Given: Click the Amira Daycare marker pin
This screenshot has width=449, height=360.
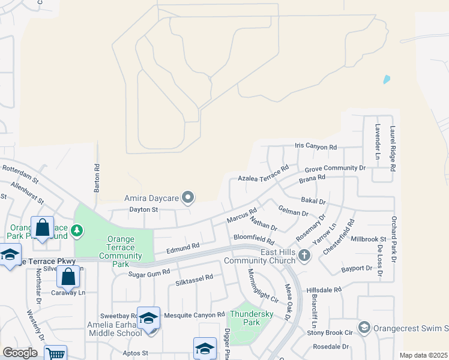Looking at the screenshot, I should (x=188, y=197).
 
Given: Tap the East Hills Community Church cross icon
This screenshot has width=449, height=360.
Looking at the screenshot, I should (x=304, y=256).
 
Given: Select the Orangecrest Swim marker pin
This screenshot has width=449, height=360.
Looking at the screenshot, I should (x=364, y=327).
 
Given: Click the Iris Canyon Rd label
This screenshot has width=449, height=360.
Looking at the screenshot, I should (x=316, y=146).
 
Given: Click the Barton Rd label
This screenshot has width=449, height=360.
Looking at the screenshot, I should (x=97, y=178).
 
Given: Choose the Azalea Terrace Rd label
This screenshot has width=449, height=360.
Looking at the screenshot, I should (x=263, y=173).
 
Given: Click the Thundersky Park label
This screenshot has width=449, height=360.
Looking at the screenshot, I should (x=252, y=318).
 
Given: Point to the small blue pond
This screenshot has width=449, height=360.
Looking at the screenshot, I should (x=387, y=79).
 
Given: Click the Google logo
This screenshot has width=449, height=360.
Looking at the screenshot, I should (x=20, y=353).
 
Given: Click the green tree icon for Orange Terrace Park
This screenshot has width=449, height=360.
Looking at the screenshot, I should (x=77, y=230).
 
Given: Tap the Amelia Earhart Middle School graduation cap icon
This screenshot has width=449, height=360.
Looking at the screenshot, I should (x=148, y=317).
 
